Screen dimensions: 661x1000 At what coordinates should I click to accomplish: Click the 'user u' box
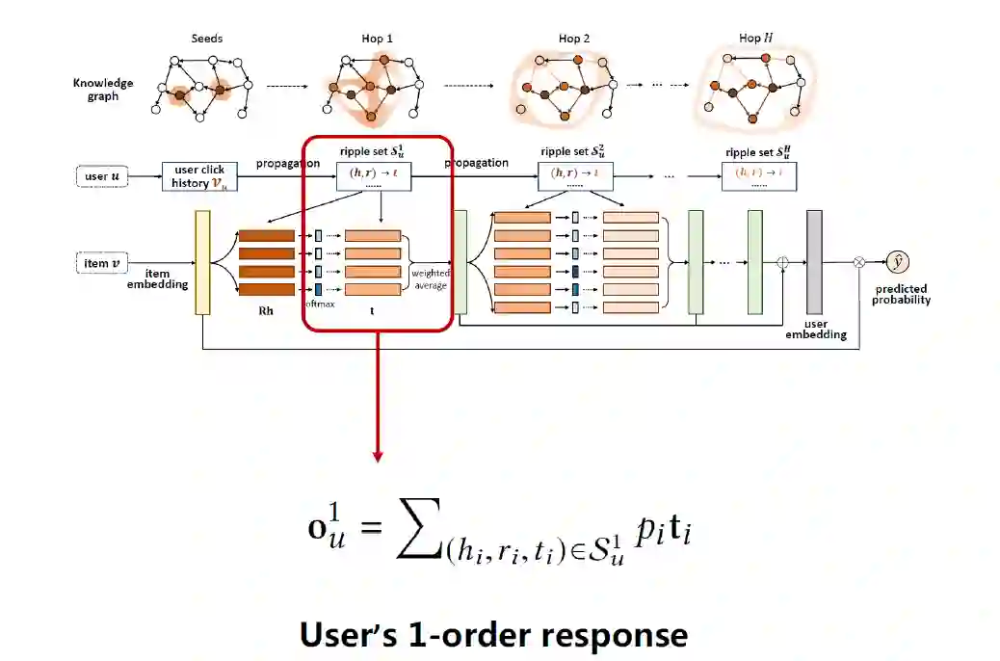pyautogui.click(x=104, y=176)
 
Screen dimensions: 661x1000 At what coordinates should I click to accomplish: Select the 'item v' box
pyautogui.click(x=103, y=263)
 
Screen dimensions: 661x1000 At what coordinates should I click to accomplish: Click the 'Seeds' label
pyautogui.click(x=206, y=39)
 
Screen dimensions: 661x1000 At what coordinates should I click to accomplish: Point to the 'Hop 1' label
pyautogui.click(x=377, y=39)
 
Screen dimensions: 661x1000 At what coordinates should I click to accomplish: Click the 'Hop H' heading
pyautogui.click(x=755, y=39)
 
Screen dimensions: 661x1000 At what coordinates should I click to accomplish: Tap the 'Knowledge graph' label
pyautogui.click(x=103, y=90)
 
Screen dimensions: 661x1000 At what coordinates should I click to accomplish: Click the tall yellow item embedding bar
pyautogui.click(x=202, y=262)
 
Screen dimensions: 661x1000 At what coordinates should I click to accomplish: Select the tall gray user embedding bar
pyautogui.click(x=814, y=262)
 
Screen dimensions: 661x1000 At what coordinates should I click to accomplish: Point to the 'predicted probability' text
pyautogui.click(x=901, y=294)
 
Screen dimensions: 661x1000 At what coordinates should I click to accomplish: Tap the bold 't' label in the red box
pyautogui.click(x=372, y=310)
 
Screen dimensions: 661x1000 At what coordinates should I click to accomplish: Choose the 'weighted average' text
pyautogui.click(x=429, y=279)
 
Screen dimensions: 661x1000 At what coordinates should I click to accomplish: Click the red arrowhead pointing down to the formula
pyautogui.click(x=378, y=454)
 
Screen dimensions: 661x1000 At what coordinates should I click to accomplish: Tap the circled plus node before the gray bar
pyautogui.click(x=782, y=261)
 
